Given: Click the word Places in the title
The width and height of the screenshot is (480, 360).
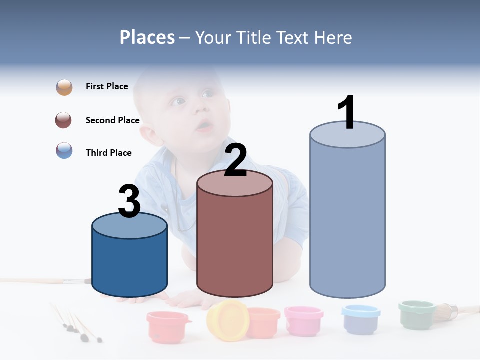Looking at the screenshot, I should pyautogui.click(x=147, y=37).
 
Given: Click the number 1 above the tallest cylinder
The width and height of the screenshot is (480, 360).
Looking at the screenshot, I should pyautogui.click(x=346, y=113).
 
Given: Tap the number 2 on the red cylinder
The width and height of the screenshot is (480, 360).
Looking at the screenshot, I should pyautogui.click(x=235, y=160).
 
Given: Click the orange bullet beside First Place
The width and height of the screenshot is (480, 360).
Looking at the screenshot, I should pyautogui.click(x=64, y=87).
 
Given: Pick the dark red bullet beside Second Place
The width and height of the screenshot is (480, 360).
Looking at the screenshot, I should pyautogui.click(x=64, y=120).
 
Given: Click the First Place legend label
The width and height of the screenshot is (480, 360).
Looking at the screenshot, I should pyautogui.click(x=107, y=86).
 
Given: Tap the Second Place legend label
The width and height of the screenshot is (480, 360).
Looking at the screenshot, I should pyautogui.click(x=112, y=120).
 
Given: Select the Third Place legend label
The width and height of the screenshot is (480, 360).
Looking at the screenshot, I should pyautogui.click(x=108, y=153).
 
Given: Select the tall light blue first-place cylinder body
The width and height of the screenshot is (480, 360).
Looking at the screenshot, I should pyautogui.click(x=347, y=220).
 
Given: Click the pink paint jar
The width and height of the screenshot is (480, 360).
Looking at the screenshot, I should pyautogui.click(x=303, y=320).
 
